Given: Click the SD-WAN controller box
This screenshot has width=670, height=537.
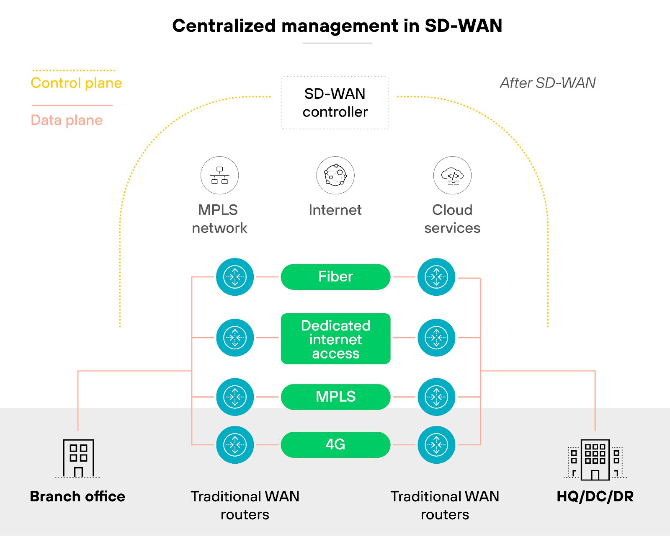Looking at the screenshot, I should pos(335,103).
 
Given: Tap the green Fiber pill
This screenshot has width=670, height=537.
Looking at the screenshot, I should pos(335,277).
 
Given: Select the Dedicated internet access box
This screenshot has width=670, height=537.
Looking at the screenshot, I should pos(335,339).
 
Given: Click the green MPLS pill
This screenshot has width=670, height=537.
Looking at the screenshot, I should pos(335,397).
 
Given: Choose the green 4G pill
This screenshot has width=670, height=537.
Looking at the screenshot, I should pos(335,444).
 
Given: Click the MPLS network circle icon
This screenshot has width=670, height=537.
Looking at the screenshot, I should pos(219,176).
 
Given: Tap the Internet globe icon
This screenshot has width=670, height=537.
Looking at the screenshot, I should pos(335,176).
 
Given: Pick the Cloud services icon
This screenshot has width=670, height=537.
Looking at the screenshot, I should pos(452,176).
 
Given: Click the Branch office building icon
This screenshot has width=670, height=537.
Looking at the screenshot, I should pos(78,458).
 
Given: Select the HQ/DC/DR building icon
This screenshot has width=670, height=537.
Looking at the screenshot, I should pos(595,460).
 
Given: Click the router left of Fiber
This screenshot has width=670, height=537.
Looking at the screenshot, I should pos(235,277).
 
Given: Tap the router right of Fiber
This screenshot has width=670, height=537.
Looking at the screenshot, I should pos(436,277).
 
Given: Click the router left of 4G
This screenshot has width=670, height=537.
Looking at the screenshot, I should pos(235,445).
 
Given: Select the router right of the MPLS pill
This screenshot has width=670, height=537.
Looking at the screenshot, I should pos(436,397).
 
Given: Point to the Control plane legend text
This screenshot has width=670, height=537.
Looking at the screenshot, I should pos(76,83).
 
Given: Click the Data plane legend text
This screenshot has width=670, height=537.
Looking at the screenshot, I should pos(67,120).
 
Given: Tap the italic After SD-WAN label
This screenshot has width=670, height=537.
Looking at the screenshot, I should pos(548,83).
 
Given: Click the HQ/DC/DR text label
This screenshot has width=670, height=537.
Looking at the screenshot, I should pos(595,496).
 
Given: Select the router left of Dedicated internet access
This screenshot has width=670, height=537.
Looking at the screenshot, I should pos(235,338).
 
